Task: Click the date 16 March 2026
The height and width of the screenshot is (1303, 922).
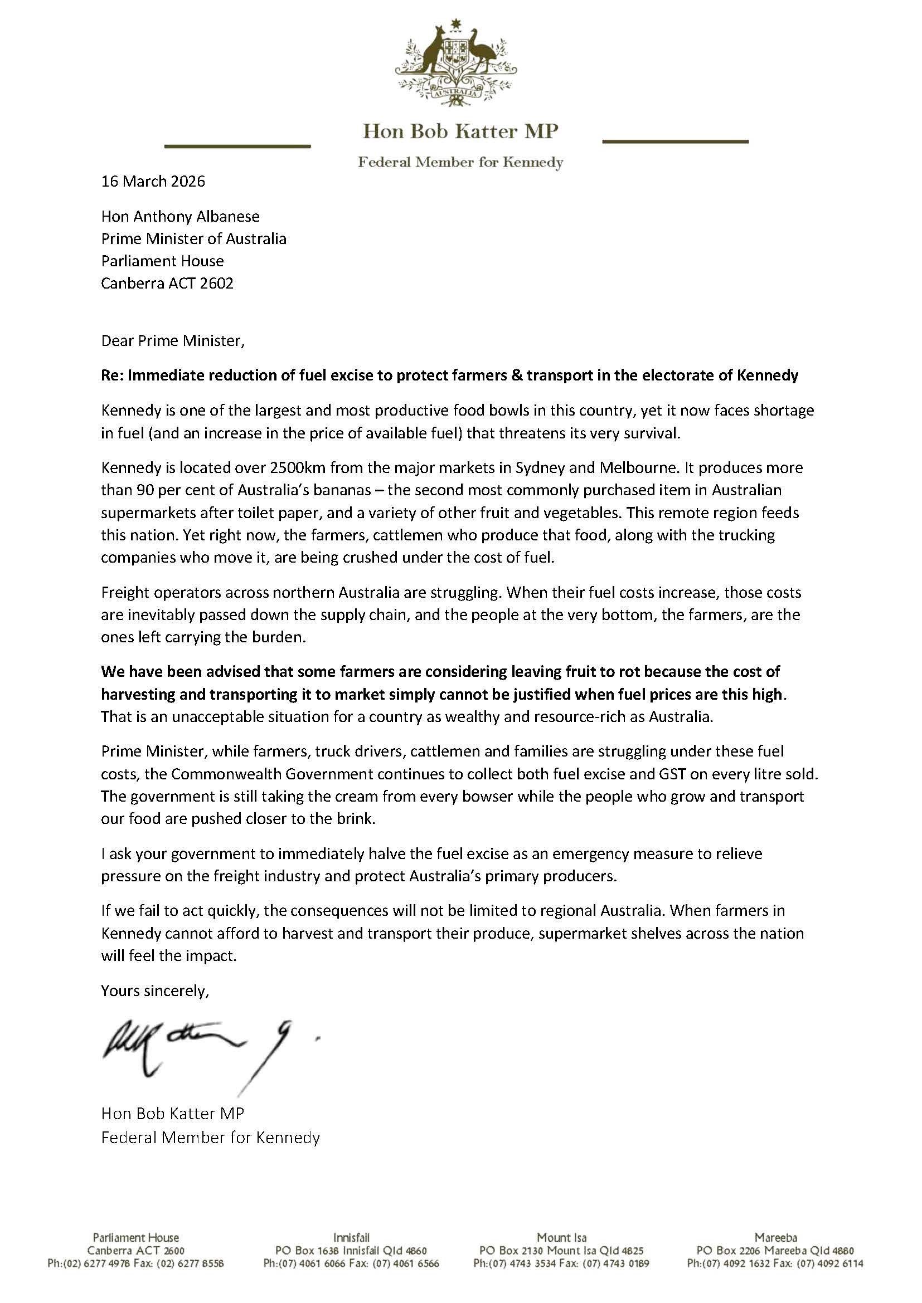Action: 153,181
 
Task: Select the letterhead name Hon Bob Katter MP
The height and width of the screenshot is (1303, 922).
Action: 460,131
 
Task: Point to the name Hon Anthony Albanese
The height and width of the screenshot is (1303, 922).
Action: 180,216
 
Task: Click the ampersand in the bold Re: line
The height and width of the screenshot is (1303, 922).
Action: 517,375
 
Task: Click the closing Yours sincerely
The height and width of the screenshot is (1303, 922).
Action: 155,990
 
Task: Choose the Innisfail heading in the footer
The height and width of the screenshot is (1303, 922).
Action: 351,1237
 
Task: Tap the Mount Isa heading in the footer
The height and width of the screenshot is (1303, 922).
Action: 561,1237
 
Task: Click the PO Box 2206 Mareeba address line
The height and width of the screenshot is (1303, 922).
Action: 774,1250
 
